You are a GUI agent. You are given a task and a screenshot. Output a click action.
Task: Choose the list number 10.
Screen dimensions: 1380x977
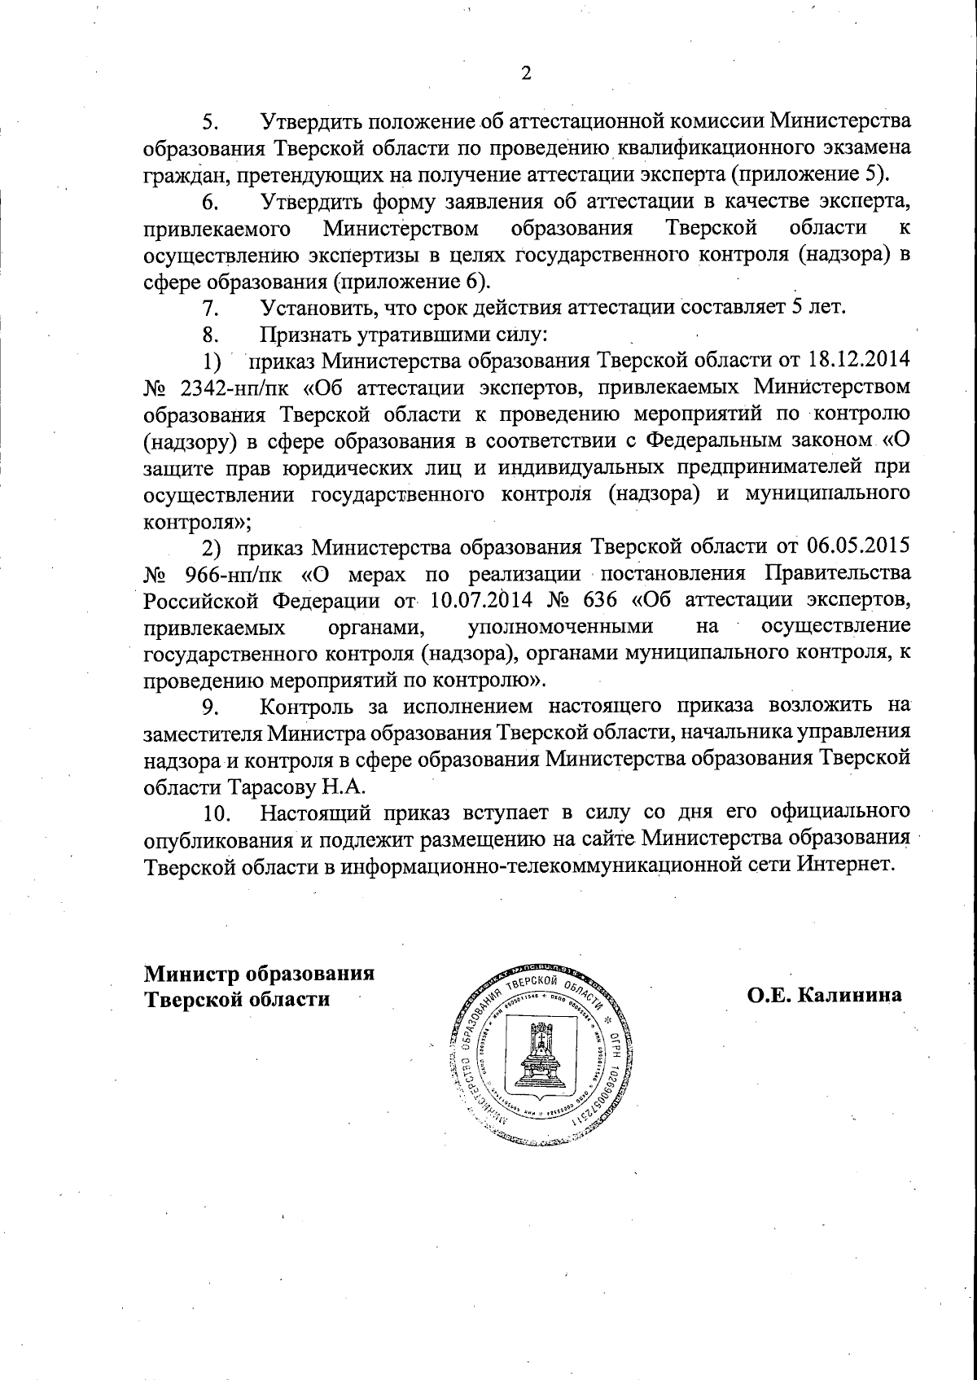tap(217, 813)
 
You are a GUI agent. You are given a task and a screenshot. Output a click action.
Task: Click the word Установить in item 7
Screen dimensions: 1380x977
tap(316, 307)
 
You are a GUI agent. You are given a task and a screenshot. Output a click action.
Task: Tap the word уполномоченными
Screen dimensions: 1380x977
tap(562, 627)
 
